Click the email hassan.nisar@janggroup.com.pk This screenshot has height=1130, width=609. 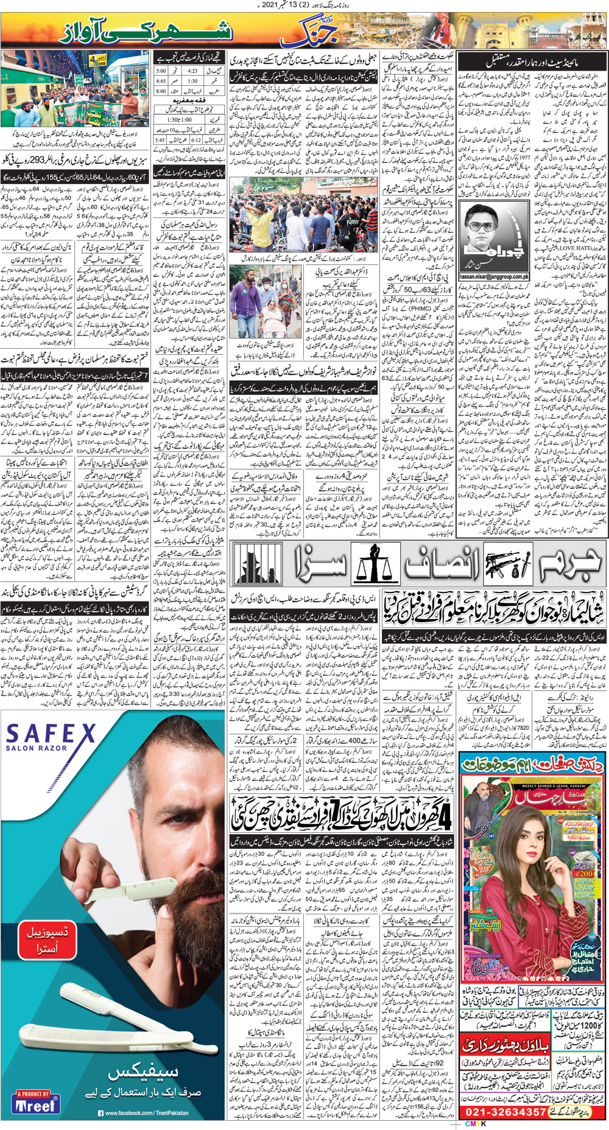(x=494, y=276)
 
